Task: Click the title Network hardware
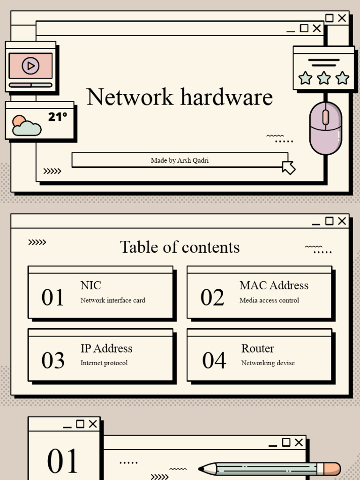click(180, 97)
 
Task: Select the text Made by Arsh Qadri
click(180, 160)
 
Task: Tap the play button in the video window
click(30, 66)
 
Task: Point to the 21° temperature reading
click(57, 117)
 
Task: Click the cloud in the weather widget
click(27, 128)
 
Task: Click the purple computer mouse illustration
click(325, 128)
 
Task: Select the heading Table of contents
click(180, 247)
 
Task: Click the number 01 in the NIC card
click(52, 298)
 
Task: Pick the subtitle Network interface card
click(112, 300)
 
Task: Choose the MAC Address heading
click(274, 285)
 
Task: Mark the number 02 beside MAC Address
click(212, 298)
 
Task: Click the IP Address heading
click(106, 348)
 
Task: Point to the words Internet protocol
click(104, 363)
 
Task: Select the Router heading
click(257, 348)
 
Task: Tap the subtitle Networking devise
click(268, 363)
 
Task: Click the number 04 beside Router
click(214, 360)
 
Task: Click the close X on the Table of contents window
click(342, 221)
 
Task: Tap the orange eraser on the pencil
click(332, 469)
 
